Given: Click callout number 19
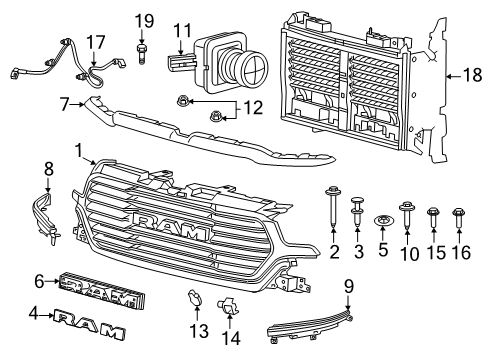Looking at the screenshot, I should [145, 20].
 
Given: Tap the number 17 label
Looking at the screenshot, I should [95, 41].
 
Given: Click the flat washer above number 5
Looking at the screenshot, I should [382, 218].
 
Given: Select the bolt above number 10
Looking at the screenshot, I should [407, 211].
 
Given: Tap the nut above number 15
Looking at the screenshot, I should [432, 212].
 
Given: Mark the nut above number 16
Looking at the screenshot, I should [458, 212].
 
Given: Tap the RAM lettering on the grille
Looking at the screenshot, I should [171, 222].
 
